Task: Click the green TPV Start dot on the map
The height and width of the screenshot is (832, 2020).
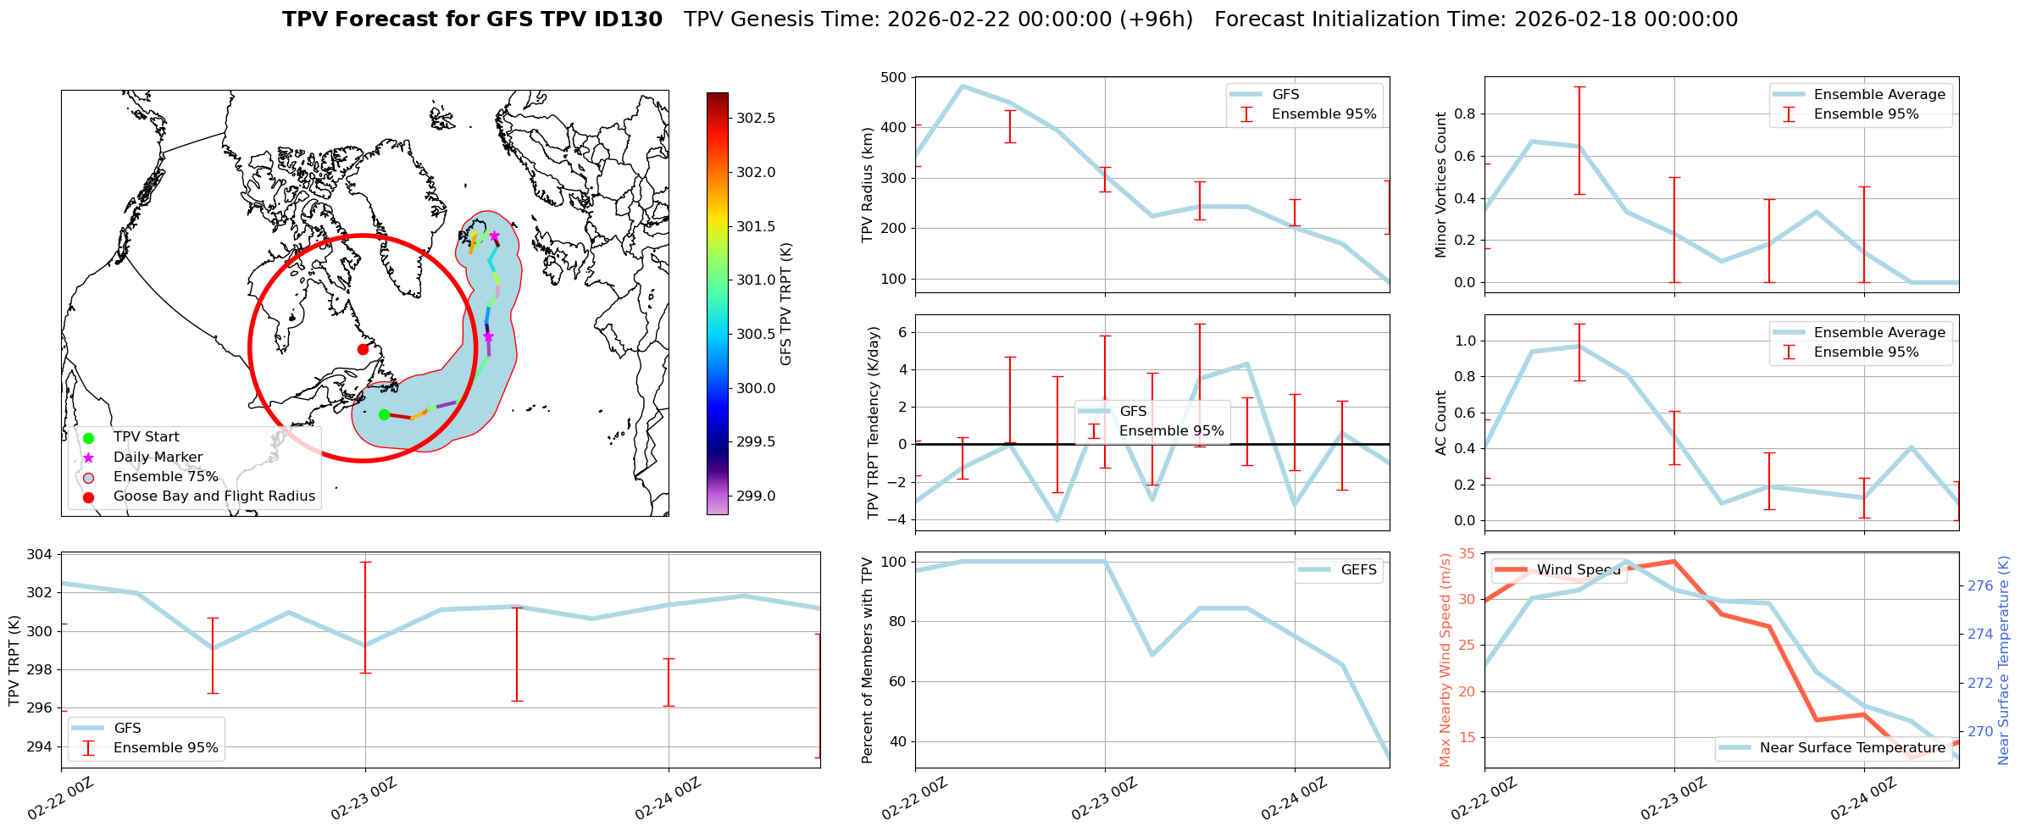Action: click(384, 414)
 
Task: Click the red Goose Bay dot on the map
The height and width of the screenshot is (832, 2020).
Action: click(363, 349)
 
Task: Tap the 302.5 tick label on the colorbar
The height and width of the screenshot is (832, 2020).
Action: click(756, 118)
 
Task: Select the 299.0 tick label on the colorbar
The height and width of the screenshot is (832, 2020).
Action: click(756, 496)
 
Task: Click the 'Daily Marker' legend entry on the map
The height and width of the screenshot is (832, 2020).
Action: click(158, 458)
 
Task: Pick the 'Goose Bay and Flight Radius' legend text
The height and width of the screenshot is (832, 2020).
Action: click(214, 496)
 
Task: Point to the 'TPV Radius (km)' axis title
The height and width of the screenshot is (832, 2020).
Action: click(867, 185)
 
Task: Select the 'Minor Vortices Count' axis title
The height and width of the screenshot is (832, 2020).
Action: click(1441, 185)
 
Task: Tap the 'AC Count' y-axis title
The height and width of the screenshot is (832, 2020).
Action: click(1441, 423)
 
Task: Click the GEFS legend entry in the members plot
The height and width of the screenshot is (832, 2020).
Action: click(1358, 570)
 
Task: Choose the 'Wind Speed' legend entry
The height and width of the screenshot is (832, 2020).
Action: click(1578, 570)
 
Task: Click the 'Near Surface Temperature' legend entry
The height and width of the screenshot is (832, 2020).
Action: click(1852, 748)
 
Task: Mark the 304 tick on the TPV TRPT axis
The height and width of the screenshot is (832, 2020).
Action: click(41, 555)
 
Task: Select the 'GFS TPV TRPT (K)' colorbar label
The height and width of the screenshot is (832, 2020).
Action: click(786, 303)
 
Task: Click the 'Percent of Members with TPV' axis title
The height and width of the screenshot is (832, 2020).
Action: click(867, 660)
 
